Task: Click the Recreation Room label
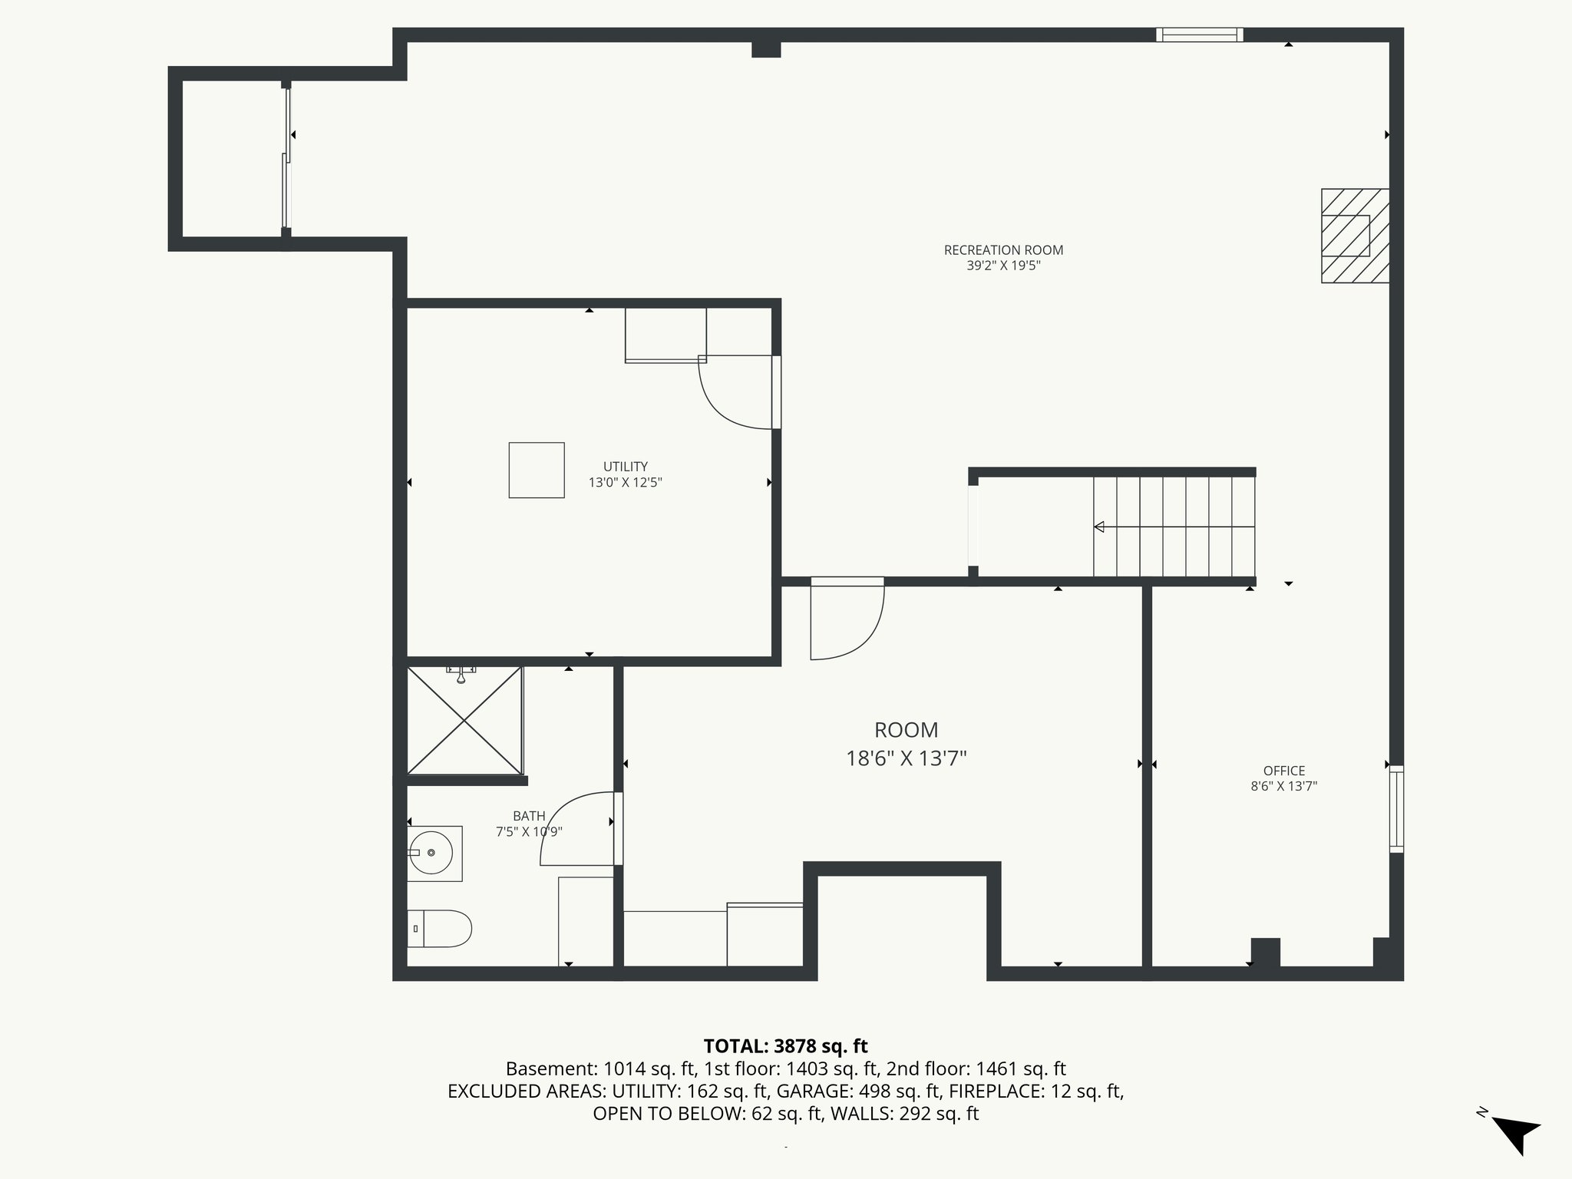point(1003,250)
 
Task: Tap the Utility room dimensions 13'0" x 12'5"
point(625,483)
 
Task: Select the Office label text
point(1284,771)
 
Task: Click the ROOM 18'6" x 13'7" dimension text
point(906,759)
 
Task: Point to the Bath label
point(529,816)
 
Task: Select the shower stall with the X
point(464,721)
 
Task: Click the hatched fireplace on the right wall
point(1355,236)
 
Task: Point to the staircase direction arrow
point(1099,527)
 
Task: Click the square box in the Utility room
point(537,470)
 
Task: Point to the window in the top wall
point(1199,35)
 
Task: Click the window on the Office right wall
point(1396,809)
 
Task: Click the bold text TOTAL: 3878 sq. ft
point(785,1046)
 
